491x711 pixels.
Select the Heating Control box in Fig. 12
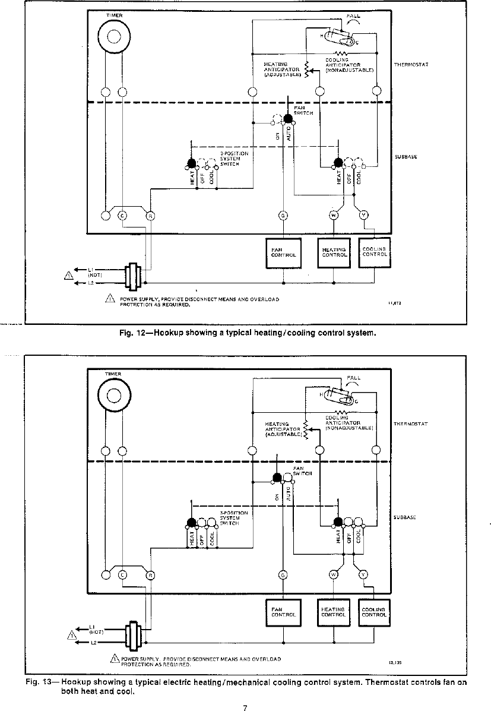(334, 252)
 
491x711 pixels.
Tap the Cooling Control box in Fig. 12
(374, 252)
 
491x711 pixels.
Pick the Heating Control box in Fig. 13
(333, 612)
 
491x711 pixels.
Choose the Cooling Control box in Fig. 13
(374, 612)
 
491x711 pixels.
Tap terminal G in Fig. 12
(283, 215)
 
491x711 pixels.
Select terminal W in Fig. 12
(333, 215)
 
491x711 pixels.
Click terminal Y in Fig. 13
(363, 574)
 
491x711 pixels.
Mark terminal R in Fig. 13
(150, 574)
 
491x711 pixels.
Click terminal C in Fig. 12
(123, 215)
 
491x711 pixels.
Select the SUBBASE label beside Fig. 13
(404, 517)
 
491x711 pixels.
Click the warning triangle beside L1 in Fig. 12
(69, 275)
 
